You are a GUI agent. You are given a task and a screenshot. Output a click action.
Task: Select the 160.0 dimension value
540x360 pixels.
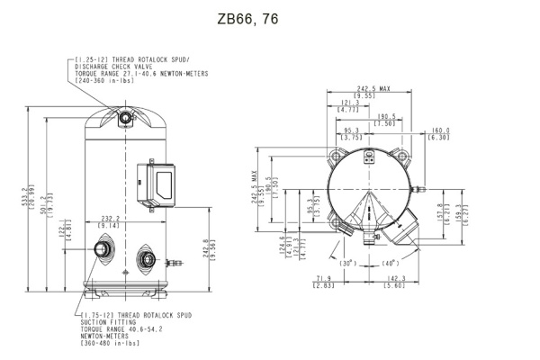coord(440,130)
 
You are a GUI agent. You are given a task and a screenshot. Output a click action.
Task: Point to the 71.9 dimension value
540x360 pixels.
coord(325,279)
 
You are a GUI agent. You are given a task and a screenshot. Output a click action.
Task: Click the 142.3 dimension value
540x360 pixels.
coord(397,279)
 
